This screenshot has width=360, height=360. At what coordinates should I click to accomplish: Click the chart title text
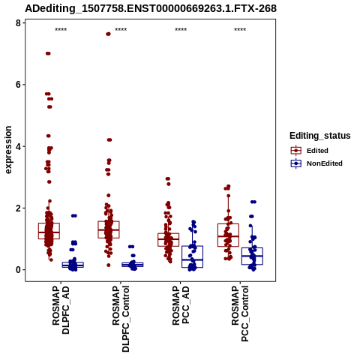click(151, 9)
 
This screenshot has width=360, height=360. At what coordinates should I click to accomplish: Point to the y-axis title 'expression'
click(8, 150)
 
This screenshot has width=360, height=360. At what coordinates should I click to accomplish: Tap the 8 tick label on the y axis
click(18, 23)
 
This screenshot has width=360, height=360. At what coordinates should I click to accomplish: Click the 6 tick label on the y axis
click(18, 85)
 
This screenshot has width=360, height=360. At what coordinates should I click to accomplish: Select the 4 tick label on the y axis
click(18, 146)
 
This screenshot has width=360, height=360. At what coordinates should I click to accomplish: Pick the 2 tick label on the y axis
click(18, 208)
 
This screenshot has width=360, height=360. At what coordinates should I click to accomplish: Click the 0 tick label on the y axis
click(18, 270)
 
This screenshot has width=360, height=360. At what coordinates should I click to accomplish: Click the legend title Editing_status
click(320, 136)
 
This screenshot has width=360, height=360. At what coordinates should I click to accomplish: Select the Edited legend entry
click(309, 151)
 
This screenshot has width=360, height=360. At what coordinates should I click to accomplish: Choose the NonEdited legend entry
click(316, 163)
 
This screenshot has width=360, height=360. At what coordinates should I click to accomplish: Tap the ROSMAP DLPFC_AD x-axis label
click(61, 310)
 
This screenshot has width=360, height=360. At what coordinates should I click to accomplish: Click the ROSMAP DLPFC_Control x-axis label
click(121, 319)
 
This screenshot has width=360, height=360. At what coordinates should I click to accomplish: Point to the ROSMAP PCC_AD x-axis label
click(181, 305)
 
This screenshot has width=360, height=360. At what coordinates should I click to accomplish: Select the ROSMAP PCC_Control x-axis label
click(241, 313)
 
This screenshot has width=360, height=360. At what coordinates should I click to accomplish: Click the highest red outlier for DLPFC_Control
click(108, 34)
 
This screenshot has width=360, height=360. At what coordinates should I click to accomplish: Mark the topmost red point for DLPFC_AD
click(48, 53)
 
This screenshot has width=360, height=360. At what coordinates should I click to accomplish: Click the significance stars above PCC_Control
click(240, 30)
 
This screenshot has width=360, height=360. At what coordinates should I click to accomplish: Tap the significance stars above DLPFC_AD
click(61, 30)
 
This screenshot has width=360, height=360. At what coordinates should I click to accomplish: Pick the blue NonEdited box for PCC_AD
click(192, 256)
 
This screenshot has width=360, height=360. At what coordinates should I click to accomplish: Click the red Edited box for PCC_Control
click(228, 235)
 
